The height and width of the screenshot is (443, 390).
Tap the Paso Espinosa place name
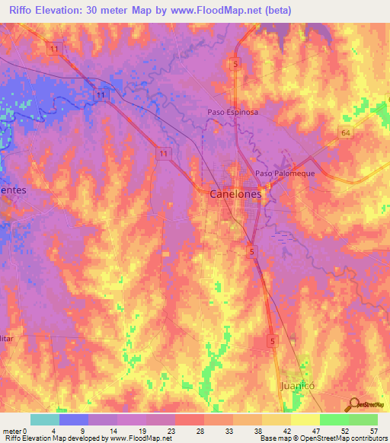point(233,112)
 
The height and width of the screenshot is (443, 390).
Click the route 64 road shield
point(345,132)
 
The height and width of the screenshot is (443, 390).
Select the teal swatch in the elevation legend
point(45,419)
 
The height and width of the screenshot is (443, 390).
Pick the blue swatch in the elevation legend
point(74,419)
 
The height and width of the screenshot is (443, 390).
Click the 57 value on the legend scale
point(372,429)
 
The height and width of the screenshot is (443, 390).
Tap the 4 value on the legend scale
point(53,429)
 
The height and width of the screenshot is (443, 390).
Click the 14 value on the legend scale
point(112,429)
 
